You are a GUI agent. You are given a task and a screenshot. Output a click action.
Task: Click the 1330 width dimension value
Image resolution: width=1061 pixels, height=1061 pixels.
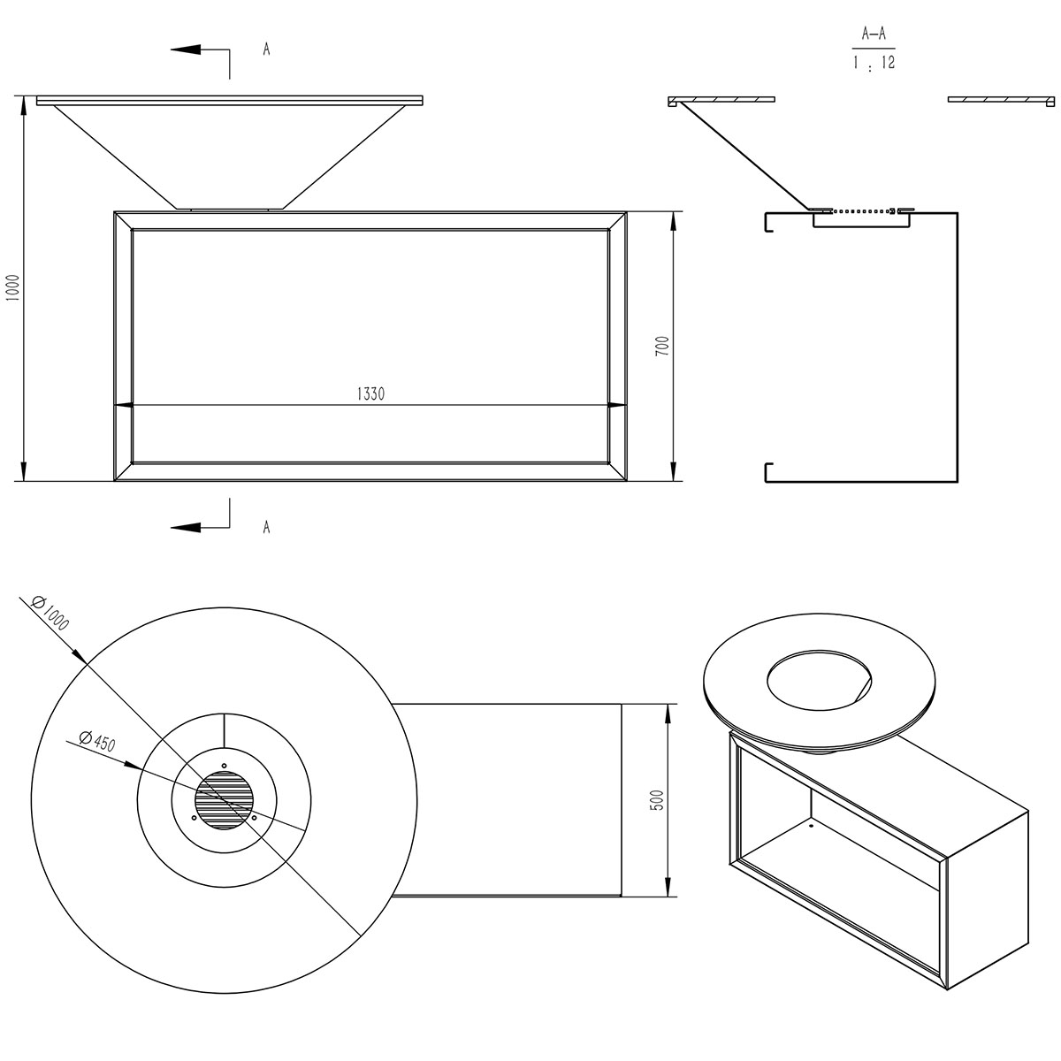[x=371, y=394]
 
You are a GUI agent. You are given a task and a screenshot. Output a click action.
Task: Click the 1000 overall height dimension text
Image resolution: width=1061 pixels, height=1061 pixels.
[x=11, y=288]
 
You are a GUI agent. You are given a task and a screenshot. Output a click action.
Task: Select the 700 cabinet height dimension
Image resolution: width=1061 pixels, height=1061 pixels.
[x=662, y=345]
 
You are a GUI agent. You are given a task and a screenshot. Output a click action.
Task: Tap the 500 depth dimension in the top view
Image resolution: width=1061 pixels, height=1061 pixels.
[x=655, y=800]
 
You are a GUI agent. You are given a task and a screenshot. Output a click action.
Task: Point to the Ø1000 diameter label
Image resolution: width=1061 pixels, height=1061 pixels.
[x=50, y=611]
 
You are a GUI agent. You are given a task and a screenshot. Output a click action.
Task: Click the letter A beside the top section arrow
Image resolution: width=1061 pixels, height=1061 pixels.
[x=266, y=50]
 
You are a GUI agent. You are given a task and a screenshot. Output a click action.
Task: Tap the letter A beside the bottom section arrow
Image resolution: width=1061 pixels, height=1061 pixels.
[x=266, y=528]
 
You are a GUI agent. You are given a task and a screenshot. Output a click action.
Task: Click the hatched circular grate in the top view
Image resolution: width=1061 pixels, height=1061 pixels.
[x=224, y=801]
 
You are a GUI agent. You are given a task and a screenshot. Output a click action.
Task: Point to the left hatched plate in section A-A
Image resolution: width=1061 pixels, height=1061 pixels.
[x=721, y=99]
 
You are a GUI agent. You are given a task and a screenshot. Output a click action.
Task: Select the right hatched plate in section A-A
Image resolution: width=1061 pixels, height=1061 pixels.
[x=1001, y=99]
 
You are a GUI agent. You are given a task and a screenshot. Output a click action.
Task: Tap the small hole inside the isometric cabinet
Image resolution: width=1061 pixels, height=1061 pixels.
[x=811, y=828]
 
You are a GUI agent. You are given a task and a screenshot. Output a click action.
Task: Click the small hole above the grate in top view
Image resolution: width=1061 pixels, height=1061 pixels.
[x=224, y=765]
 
